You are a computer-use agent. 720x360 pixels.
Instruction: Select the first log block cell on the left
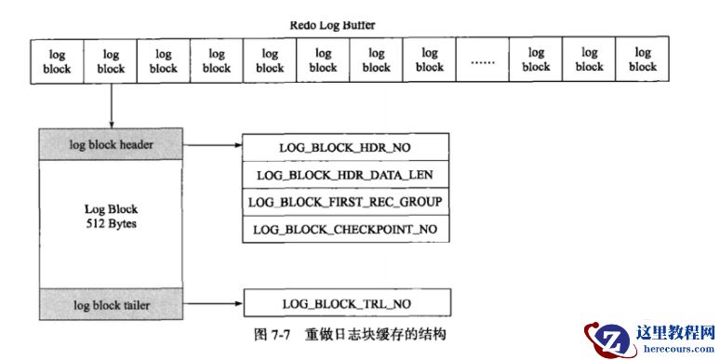(x=57, y=60)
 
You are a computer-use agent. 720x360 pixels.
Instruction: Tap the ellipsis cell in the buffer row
(x=483, y=61)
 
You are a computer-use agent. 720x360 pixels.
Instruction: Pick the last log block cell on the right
(x=642, y=60)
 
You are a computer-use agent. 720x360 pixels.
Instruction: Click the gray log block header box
(x=111, y=145)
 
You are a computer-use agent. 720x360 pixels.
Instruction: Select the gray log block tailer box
(x=111, y=303)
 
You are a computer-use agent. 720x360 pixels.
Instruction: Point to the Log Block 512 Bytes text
(x=111, y=217)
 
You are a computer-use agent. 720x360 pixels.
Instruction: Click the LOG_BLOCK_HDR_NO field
(x=346, y=147)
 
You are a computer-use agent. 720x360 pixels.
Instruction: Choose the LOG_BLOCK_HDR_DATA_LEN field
(x=346, y=174)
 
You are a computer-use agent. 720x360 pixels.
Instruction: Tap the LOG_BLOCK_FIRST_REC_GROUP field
(x=346, y=202)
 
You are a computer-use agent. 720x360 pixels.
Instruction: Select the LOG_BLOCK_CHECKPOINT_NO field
(x=346, y=229)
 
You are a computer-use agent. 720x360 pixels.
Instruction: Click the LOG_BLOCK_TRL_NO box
(x=346, y=304)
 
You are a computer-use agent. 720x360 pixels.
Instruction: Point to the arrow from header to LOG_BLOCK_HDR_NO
(x=212, y=146)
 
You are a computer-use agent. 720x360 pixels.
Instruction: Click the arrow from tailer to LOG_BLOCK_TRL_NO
(x=212, y=304)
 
